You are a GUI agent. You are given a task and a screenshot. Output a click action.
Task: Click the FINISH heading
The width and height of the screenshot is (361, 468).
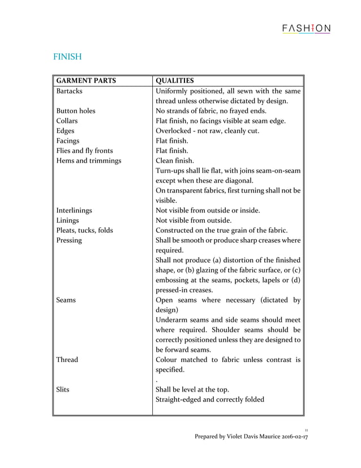point(67,57)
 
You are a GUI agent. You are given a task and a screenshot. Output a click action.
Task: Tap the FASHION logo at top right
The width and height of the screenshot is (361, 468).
point(306,29)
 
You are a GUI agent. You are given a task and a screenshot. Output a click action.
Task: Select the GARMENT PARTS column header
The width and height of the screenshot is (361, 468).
point(87,80)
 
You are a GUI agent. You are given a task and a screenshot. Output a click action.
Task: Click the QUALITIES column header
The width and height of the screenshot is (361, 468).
point(175,80)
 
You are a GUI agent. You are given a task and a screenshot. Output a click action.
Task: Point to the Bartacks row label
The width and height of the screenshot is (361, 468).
point(70,91)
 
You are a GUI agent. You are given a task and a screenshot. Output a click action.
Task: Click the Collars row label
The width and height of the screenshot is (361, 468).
point(67,121)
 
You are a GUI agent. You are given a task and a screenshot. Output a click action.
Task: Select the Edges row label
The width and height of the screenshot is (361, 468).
point(66,131)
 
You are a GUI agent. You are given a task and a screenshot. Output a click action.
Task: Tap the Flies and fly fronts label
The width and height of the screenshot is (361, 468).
point(85,151)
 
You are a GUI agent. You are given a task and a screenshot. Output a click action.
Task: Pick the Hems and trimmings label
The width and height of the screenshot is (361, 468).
point(89,160)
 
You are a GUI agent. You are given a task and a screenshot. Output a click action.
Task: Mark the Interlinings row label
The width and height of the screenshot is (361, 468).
point(74,210)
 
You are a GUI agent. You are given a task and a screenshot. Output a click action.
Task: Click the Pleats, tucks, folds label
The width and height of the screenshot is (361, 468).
point(85,230)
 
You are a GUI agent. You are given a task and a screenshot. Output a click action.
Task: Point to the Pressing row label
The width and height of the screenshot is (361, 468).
point(69,240)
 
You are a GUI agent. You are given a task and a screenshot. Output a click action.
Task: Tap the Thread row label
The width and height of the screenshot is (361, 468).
point(67,359)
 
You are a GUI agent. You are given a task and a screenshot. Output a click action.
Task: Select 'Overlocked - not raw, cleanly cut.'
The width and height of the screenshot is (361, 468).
point(208,131)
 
